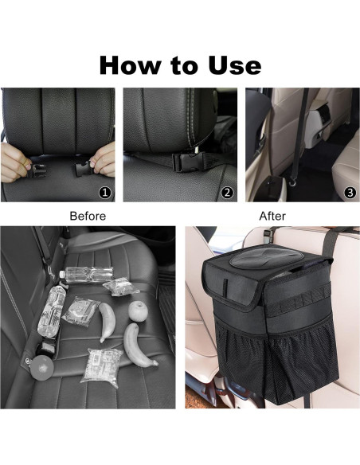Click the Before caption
(x=88, y=216)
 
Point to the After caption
(x=272, y=216)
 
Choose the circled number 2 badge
(x=227, y=192)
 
